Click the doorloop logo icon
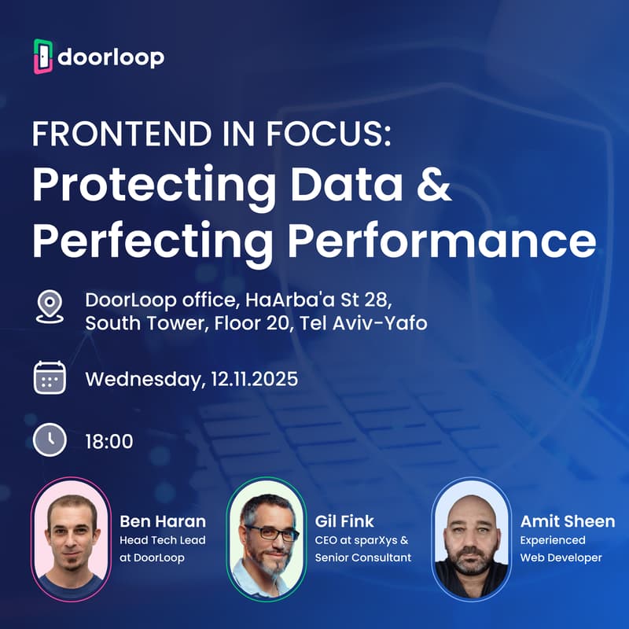pos(43,57)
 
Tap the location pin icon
pos(50,307)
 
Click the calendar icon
pos(50,377)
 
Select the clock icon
pos(50,440)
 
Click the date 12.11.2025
pos(254,379)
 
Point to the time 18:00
pos(109,441)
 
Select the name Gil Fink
pos(344,521)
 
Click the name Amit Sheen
pos(567,521)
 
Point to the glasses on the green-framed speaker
pos(270,532)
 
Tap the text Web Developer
pos(561,557)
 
